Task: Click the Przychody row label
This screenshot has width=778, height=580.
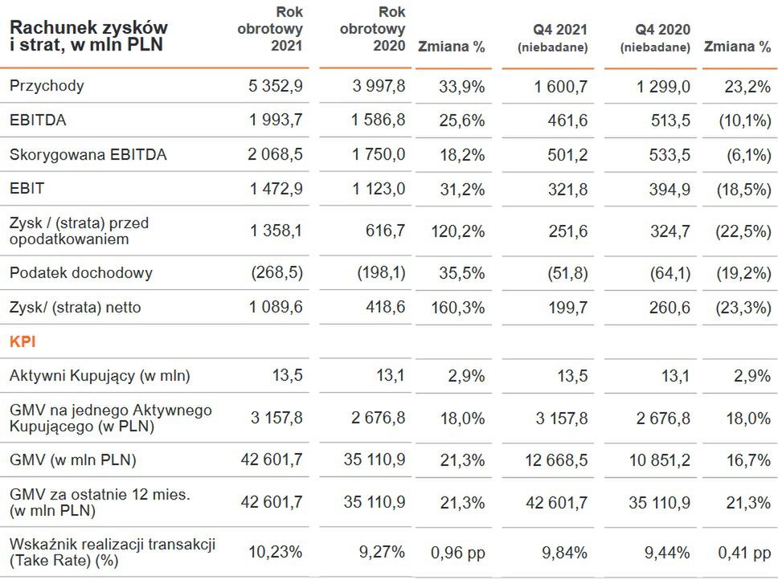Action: [x=47, y=86]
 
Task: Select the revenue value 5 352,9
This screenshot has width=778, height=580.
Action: [x=276, y=86]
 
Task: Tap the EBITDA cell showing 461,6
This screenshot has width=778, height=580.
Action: [x=567, y=120]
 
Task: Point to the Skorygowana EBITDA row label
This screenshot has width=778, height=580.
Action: [x=88, y=155]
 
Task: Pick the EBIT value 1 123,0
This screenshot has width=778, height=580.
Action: [x=379, y=190]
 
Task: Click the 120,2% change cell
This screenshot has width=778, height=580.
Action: [x=461, y=231]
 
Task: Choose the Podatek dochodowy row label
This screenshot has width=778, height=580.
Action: [x=81, y=273]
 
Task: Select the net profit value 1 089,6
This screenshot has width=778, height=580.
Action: [x=276, y=308]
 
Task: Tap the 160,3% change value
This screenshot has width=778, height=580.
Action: [x=461, y=308]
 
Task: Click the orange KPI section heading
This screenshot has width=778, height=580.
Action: [x=23, y=341]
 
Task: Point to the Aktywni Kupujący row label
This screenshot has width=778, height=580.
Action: [x=100, y=375]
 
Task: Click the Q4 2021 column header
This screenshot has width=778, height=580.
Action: [x=553, y=38]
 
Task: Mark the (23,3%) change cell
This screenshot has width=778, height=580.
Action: [x=743, y=308]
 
